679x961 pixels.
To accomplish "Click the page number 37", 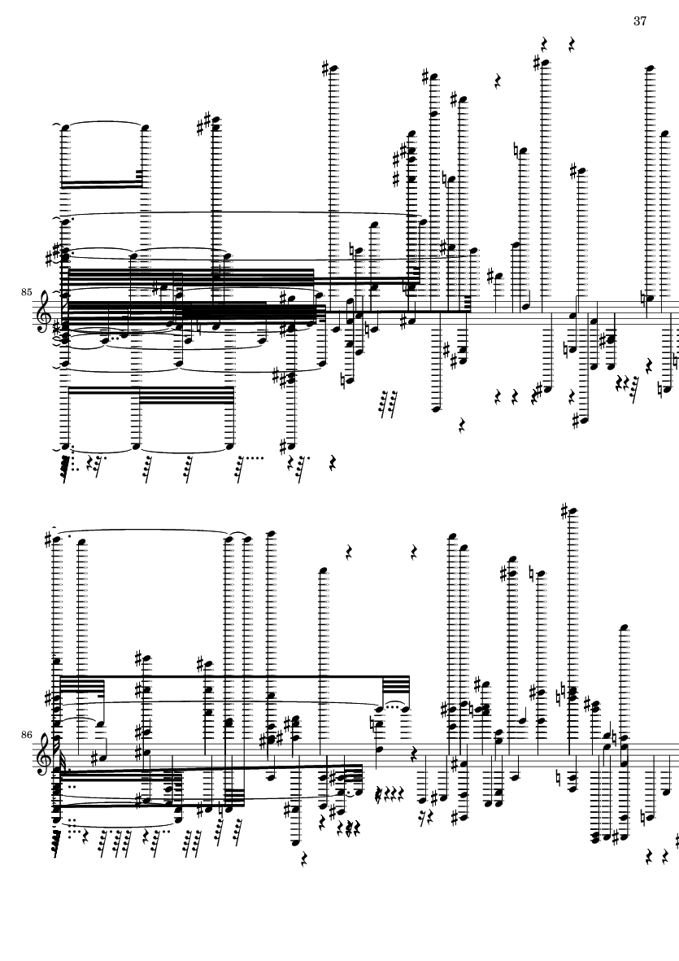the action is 640,21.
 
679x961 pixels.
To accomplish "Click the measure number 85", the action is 26,292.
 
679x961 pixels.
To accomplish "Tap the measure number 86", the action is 26,734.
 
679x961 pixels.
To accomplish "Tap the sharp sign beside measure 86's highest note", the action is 565,510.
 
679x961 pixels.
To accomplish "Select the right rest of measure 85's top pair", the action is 571,44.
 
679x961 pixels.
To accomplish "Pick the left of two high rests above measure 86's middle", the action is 349,553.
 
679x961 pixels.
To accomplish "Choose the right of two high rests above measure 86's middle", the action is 415,553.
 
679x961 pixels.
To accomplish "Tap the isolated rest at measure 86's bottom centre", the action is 304,860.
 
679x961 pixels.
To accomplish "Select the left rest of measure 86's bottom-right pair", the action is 650,857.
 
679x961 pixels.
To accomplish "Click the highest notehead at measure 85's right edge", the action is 651,68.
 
